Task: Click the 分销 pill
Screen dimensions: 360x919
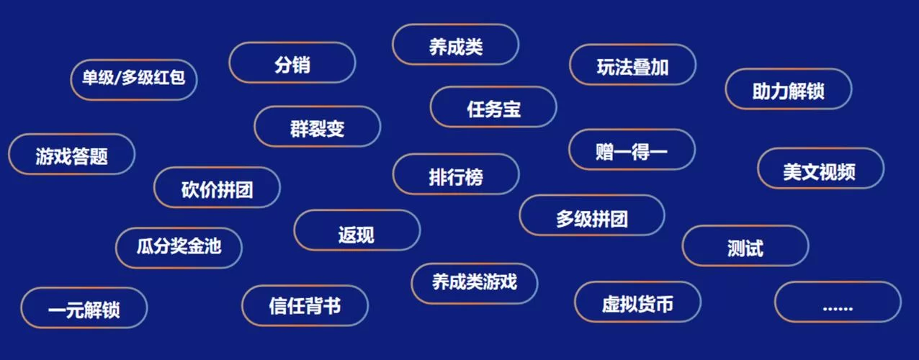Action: (x=292, y=63)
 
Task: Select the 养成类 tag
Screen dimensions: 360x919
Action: (x=455, y=45)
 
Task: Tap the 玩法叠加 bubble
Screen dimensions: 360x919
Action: (x=632, y=66)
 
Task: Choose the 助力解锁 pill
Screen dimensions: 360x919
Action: (x=788, y=90)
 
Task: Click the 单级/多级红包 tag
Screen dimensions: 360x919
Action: (x=134, y=78)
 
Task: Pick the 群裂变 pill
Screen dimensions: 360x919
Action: (x=317, y=127)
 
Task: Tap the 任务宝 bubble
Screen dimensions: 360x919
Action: (x=493, y=108)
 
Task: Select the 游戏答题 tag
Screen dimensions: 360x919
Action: (x=71, y=155)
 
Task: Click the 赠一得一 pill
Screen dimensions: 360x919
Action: (x=632, y=150)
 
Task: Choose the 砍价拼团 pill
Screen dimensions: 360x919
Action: (x=217, y=189)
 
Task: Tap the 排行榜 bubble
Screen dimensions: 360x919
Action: (x=455, y=175)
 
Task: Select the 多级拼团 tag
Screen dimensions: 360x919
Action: (x=591, y=216)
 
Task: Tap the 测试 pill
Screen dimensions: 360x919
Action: (x=745, y=246)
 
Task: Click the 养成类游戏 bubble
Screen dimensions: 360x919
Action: (x=474, y=282)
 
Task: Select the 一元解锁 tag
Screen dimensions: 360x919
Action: (x=84, y=308)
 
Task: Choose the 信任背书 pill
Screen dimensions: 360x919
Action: (x=305, y=306)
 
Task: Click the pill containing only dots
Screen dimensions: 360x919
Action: (x=838, y=302)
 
